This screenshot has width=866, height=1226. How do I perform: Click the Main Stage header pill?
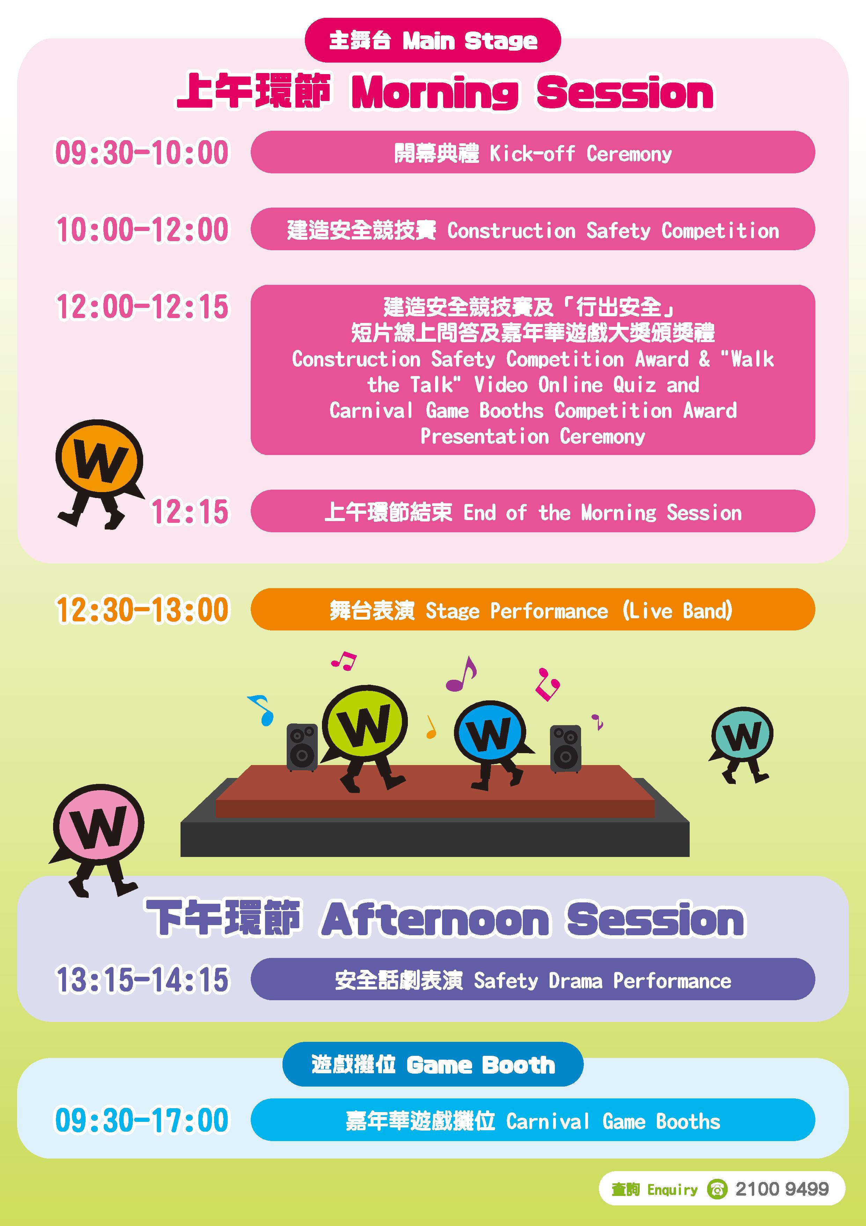click(432, 40)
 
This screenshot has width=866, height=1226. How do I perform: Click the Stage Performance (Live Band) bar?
click(533, 609)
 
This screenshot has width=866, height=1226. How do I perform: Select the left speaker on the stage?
click(302, 748)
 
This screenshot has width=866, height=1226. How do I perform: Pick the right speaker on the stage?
click(566, 749)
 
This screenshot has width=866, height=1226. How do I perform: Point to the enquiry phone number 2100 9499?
click(782, 1189)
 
